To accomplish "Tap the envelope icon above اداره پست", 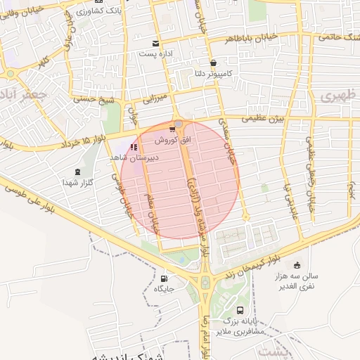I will click(155, 44).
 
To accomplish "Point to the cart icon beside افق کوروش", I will click(172, 129).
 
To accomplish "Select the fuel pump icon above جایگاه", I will click(165, 277).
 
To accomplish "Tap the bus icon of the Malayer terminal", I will click(240, 310).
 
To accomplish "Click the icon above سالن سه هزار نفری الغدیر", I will click(296, 265).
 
